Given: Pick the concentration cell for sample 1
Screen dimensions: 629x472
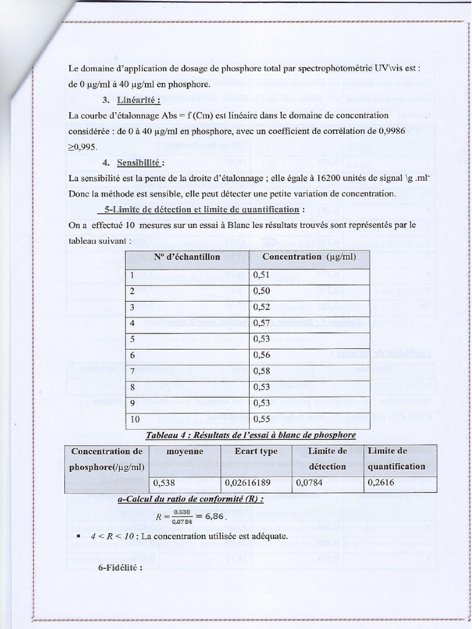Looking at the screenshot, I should pyautogui.click(x=261, y=275).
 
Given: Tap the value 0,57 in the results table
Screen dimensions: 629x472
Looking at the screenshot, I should pyautogui.click(x=261, y=323).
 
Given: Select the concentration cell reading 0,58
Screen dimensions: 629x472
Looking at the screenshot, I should pyautogui.click(x=261, y=371).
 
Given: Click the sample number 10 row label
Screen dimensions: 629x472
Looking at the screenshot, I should pyautogui.click(x=135, y=418).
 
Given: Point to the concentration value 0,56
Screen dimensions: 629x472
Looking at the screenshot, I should pyautogui.click(x=261, y=355).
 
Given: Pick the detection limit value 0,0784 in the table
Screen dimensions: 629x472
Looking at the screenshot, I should pyautogui.click(x=309, y=483).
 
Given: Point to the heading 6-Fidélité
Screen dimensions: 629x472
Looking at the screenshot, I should pyautogui.click(x=120, y=567).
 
